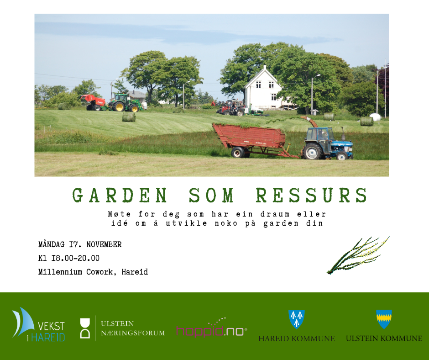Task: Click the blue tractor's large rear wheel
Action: click(x=312, y=151)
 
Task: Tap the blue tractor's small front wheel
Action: click(x=342, y=156)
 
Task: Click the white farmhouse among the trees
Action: click(x=263, y=89)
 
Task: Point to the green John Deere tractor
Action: click(x=125, y=103)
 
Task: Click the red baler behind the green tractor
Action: click(x=93, y=102)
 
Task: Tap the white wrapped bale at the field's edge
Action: click(x=375, y=117)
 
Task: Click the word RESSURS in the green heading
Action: click(x=312, y=195)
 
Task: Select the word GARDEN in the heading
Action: click(x=120, y=195)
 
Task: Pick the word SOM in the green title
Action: click(x=211, y=195)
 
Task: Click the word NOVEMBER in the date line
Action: click(x=104, y=244)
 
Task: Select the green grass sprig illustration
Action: click(x=358, y=255)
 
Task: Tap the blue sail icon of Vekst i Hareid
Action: click(x=23, y=322)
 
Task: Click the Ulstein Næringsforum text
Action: click(x=133, y=328)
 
